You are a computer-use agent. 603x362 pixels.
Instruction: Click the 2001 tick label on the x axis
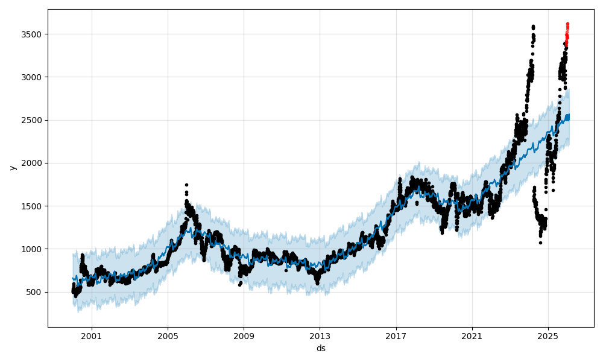point(92,335)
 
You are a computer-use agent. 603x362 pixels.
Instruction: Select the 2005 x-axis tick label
point(168,335)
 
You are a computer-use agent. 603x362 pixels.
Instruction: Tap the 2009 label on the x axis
point(244,335)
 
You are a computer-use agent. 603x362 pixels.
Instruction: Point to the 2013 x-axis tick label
point(320,335)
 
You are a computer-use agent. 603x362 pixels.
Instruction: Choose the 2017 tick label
point(396,335)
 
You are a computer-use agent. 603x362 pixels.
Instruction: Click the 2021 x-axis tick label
point(472,335)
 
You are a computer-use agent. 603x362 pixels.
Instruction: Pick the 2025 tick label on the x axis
point(548,335)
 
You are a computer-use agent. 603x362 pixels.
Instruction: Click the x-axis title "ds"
point(321,348)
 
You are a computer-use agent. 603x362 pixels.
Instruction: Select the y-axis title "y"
point(11,168)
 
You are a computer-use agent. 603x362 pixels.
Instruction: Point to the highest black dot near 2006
point(186,185)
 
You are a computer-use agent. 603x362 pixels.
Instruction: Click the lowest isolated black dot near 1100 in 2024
point(540,243)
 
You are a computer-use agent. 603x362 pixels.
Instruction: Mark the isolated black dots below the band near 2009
point(240,284)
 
